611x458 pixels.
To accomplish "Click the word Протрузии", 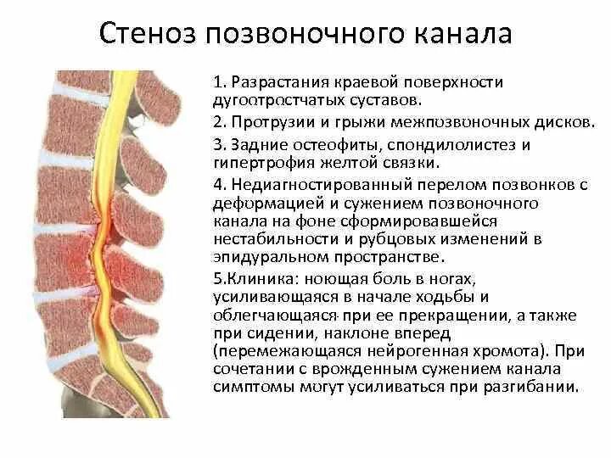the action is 268,122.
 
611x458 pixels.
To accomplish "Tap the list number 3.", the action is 217,144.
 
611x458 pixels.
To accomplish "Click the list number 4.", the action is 217,185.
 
